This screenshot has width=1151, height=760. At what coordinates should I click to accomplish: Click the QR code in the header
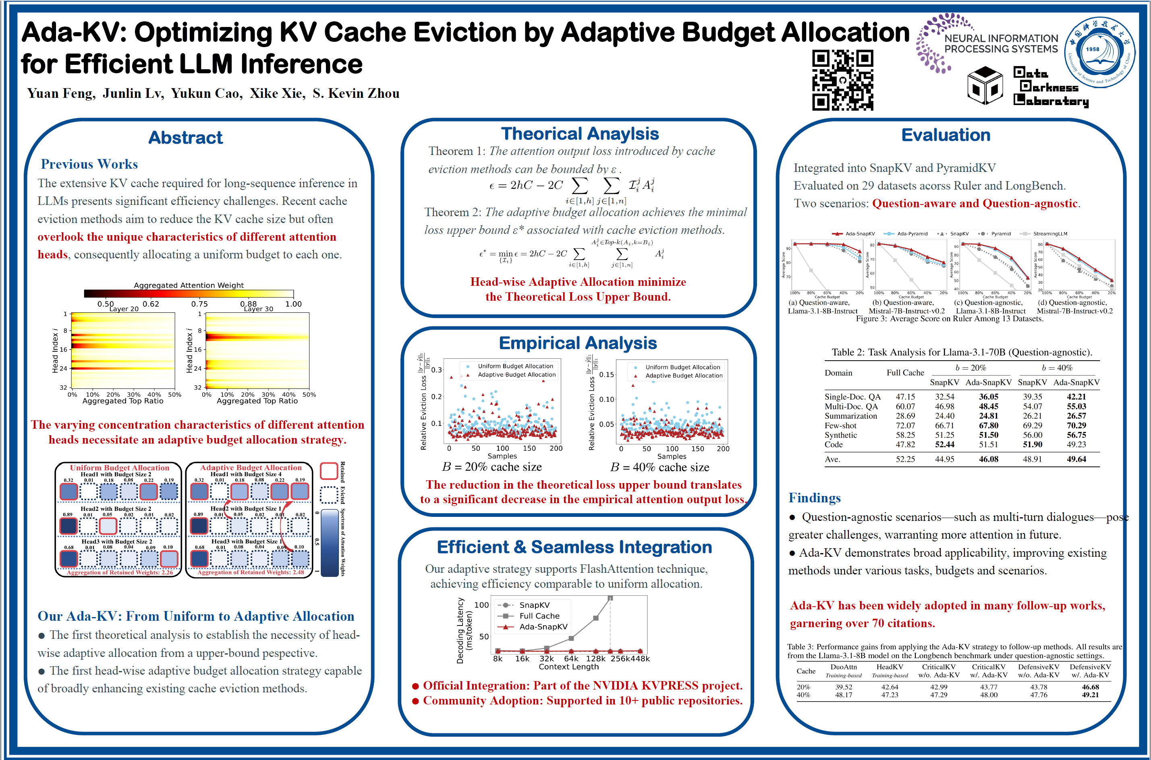pyautogui.click(x=842, y=80)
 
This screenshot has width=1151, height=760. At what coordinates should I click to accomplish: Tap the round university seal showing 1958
pyautogui.click(x=1099, y=52)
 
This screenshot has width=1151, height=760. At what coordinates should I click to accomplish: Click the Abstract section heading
pyautogui.click(x=185, y=138)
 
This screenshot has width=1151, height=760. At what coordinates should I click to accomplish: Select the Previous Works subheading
pyautogui.click(x=89, y=164)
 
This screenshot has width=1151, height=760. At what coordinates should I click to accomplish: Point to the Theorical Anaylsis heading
pyautogui.click(x=580, y=134)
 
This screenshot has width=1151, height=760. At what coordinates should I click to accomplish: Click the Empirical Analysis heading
pyautogui.click(x=578, y=343)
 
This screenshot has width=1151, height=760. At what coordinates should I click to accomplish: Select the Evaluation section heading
pyautogui.click(x=946, y=135)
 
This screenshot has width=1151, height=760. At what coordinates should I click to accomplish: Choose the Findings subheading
pyautogui.click(x=814, y=498)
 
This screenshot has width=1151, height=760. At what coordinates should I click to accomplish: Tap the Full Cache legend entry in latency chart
pyautogui.click(x=539, y=616)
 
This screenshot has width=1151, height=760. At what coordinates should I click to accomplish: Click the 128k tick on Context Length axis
pyautogui.click(x=595, y=659)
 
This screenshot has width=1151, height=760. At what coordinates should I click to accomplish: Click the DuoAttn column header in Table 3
pyautogui.click(x=844, y=667)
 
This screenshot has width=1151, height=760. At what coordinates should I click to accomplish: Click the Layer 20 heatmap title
pyautogui.click(x=124, y=309)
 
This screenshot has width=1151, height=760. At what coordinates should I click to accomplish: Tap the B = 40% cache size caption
pyautogui.click(x=659, y=467)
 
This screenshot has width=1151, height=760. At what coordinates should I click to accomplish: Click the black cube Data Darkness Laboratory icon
pyautogui.click(x=985, y=86)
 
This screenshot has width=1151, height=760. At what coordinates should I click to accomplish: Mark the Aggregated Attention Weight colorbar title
pyautogui.click(x=189, y=285)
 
